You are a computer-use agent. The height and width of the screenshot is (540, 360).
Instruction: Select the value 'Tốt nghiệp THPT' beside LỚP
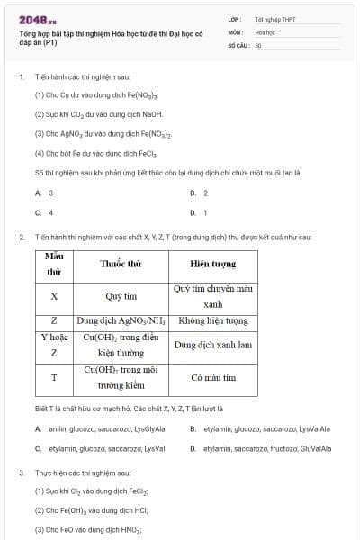tap(275, 19)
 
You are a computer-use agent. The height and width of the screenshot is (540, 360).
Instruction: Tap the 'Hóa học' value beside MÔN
tap(265, 31)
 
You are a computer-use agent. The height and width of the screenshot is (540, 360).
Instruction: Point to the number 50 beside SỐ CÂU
tap(258, 44)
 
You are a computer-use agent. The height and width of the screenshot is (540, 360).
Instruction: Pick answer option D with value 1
tap(199, 213)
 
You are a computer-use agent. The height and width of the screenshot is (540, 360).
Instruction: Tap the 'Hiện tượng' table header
tap(212, 265)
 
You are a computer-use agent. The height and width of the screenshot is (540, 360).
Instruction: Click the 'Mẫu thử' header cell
tap(54, 264)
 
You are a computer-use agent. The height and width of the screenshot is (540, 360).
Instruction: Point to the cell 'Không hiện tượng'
tap(212, 320)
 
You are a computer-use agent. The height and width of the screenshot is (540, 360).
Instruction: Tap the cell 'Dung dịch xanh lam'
tap(212, 345)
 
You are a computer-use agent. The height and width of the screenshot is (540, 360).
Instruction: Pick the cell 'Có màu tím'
tap(212, 378)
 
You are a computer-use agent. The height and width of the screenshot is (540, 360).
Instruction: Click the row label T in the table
tap(54, 378)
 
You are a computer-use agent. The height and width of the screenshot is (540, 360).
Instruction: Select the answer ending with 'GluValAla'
tap(261, 448)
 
